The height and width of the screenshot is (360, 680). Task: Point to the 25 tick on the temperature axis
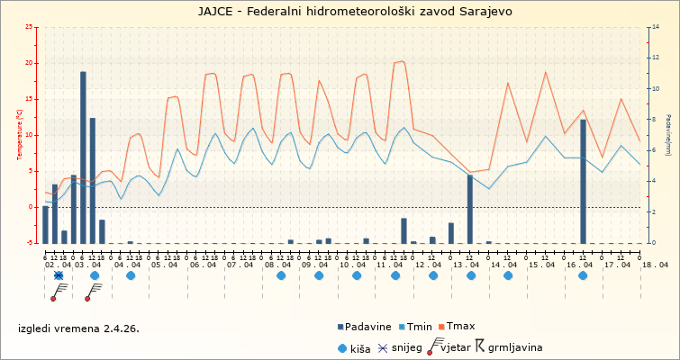[32, 27]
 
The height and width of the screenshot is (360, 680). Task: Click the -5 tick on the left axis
[32, 243]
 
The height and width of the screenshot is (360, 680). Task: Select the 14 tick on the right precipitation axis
[654, 27]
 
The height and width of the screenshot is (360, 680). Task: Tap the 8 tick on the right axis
[653, 120]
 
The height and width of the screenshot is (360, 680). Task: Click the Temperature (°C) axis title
[20, 135]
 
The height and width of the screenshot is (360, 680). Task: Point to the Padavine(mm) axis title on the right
[667, 135]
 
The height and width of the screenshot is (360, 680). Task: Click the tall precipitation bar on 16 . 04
[583, 181]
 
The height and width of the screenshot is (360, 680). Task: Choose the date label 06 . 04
[204, 265]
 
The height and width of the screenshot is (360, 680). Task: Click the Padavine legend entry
[366, 326]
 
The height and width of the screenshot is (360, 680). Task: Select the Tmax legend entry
[455, 326]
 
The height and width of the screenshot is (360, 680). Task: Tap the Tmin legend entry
[414, 326]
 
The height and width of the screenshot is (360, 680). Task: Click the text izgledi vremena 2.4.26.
[78, 328]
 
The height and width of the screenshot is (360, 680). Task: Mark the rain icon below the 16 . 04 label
[583, 275]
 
